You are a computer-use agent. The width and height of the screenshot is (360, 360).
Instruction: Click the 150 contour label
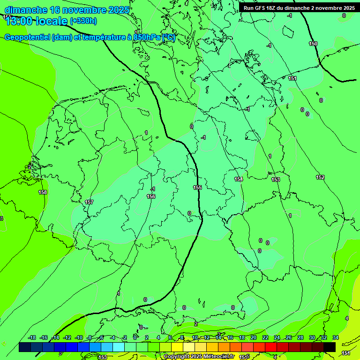pyautogui.click(x=313, y=44)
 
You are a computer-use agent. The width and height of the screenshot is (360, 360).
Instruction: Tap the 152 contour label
pyautogui.click(x=320, y=177)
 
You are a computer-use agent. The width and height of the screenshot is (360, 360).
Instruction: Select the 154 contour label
pyautogui.click(x=239, y=180)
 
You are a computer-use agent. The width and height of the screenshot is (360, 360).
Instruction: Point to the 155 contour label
pyautogui.click(x=197, y=187)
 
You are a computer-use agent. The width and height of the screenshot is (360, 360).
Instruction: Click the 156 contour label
pyautogui.click(x=151, y=196)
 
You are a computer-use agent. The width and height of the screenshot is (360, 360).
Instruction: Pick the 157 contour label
pyautogui.click(x=89, y=202)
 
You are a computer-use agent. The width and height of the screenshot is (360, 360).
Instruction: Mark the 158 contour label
pyautogui.click(x=43, y=192)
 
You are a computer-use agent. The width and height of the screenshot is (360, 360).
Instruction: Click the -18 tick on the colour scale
pyautogui.click(x=32, y=337)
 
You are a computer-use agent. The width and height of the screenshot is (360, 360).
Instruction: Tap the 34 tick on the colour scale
pyautogui.click(x=336, y=337)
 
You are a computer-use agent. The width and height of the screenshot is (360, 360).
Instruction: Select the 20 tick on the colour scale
pyautogui.click(x=253, y=337)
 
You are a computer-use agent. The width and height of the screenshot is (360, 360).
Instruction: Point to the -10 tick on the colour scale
pyautogui.click(x=79, y=337)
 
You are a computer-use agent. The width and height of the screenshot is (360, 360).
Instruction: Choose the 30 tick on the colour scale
pyautogui.click(x=312, y=337)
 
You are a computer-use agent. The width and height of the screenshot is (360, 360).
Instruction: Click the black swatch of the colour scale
pyautogui.click(x=330, y=347)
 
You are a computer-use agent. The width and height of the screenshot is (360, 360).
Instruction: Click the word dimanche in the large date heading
pyautogui.click(x=26, y=10)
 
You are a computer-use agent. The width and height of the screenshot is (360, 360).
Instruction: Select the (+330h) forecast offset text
pyautogui.click(x=83, y=21)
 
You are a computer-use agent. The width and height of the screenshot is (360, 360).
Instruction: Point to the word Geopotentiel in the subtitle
pyautogui.click(x=28, y=37)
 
